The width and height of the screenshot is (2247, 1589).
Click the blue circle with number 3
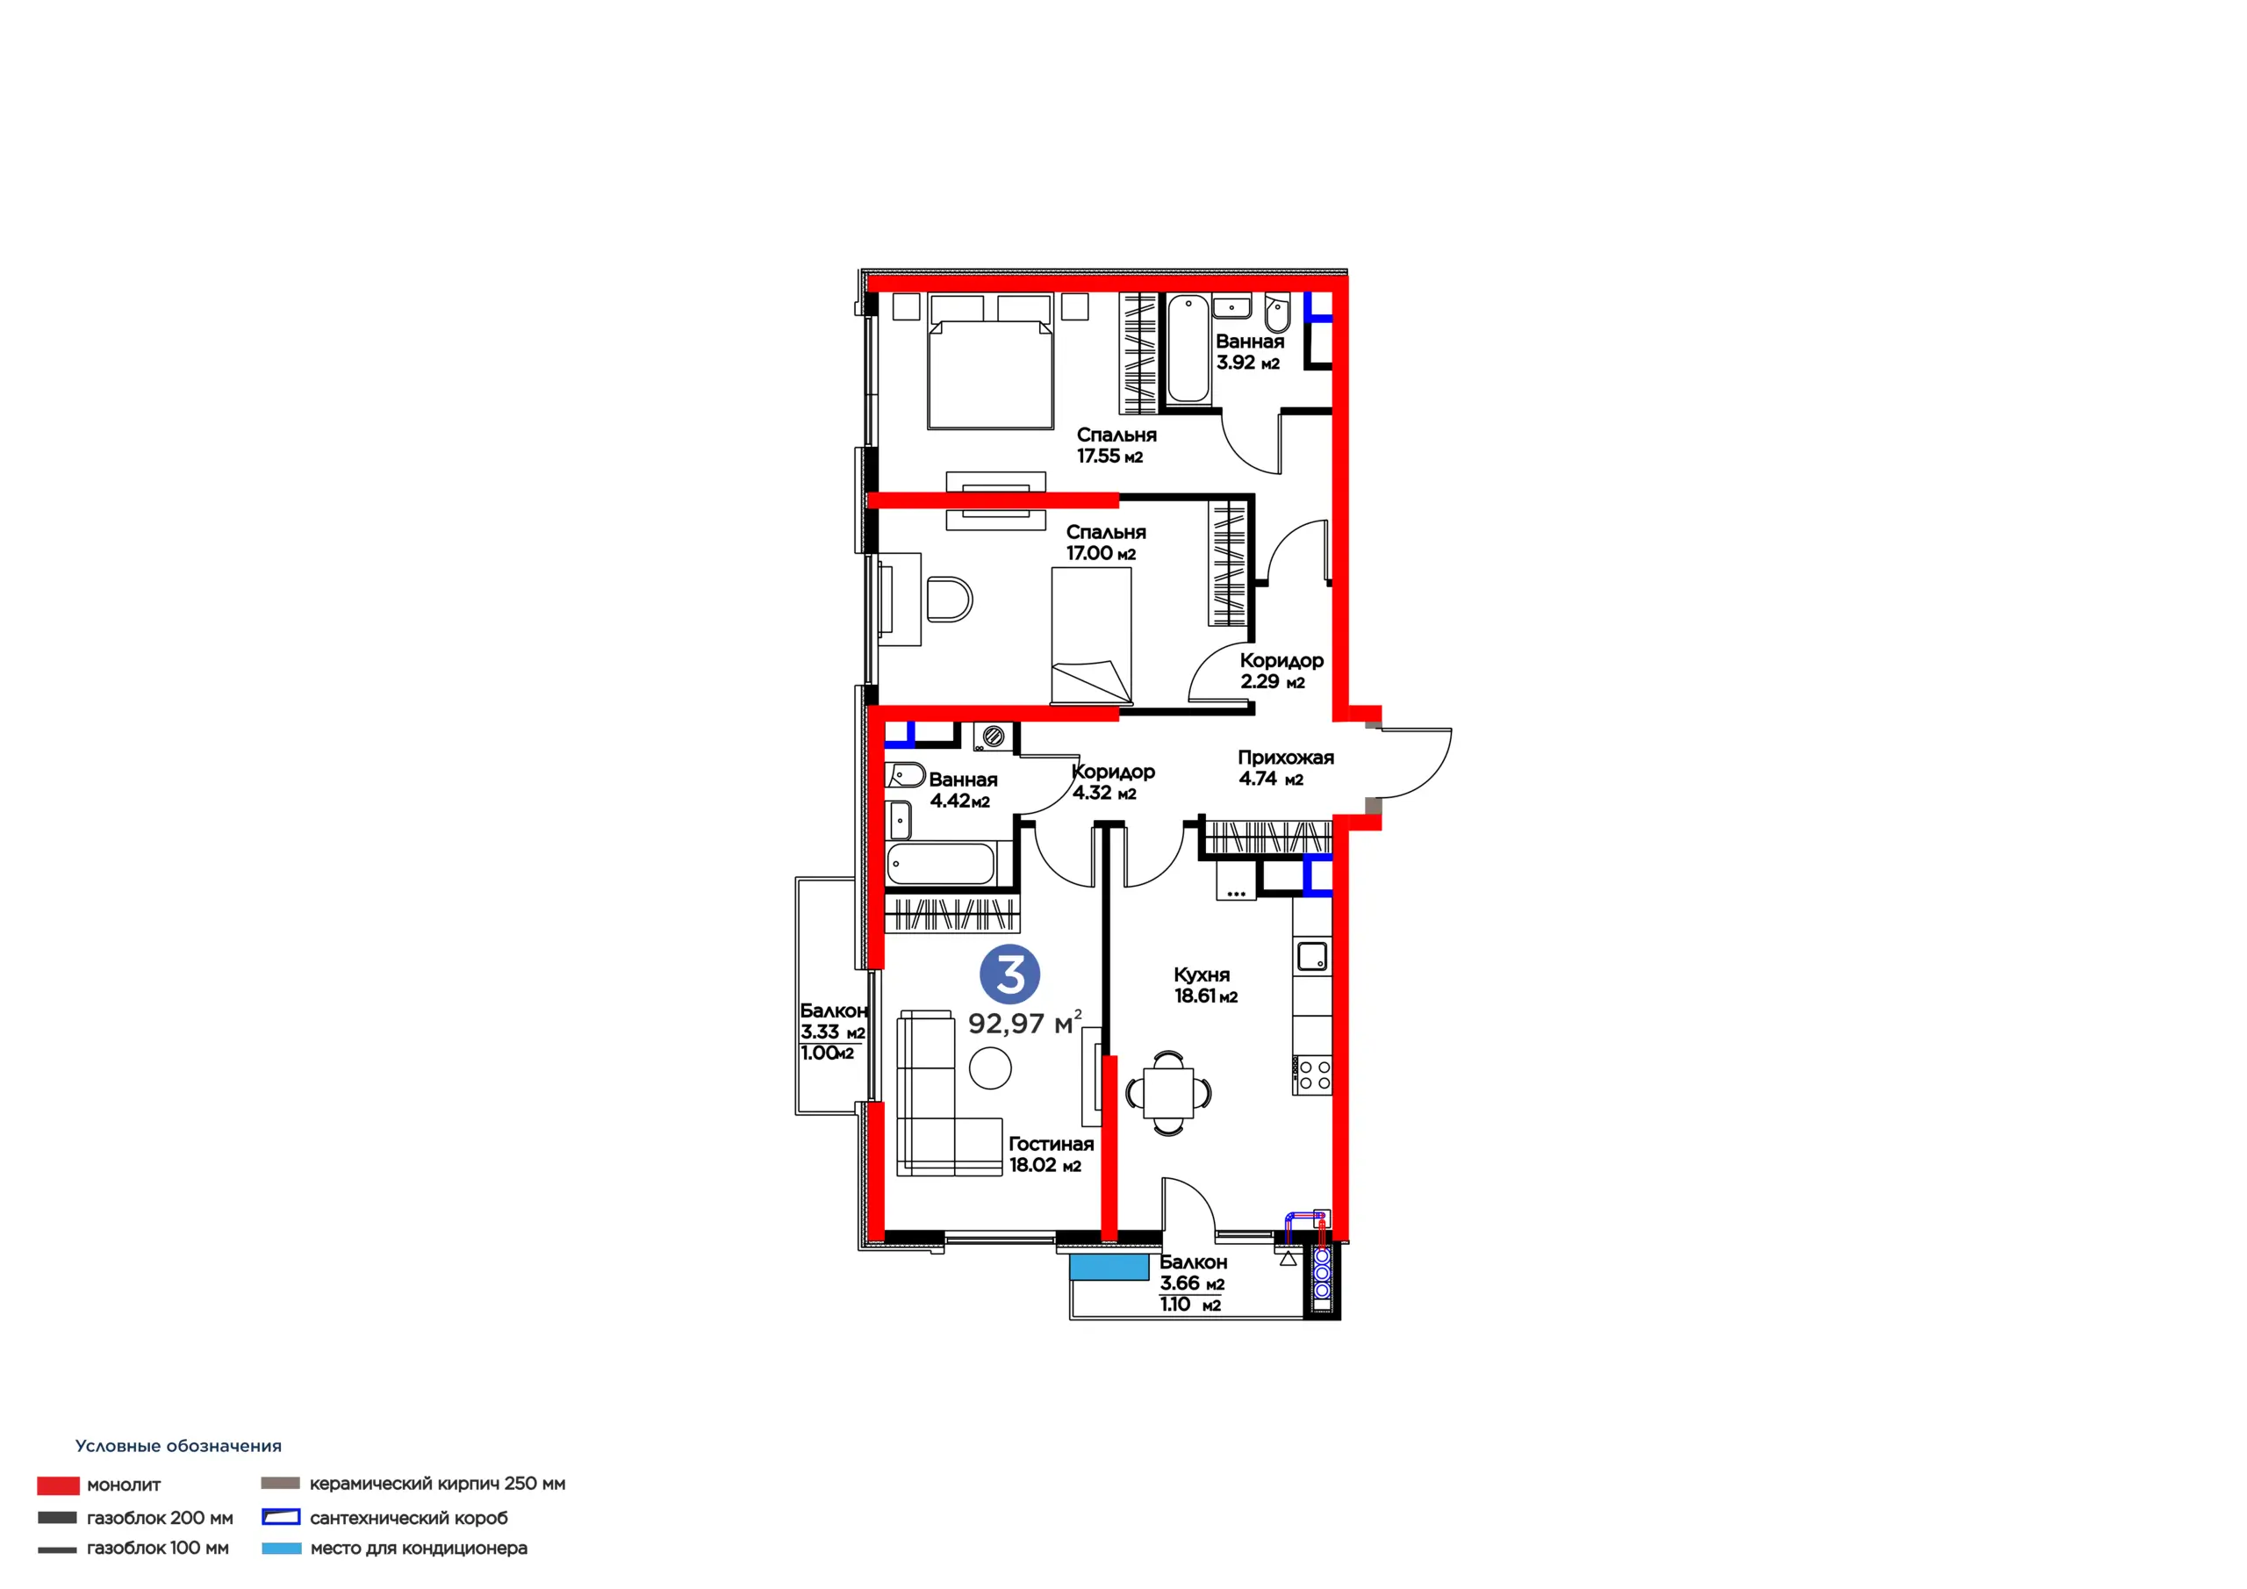1010,974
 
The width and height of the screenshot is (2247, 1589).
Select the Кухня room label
1202,975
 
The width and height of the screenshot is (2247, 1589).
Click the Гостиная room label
1051,1144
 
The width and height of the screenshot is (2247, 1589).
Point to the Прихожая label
1286,758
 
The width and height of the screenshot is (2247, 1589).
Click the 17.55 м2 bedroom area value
1109,457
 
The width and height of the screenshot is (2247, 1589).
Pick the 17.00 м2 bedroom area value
1101,553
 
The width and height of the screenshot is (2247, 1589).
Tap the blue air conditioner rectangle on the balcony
1109,1267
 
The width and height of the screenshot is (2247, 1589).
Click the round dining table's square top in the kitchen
1168,1091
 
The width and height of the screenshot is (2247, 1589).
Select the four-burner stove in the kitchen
1312,1075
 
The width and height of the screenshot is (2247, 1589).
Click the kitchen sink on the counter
1312,955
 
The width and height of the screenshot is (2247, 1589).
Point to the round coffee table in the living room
990,1068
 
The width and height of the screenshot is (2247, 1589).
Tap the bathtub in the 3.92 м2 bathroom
1188,349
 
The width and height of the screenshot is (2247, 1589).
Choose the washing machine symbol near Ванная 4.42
994,737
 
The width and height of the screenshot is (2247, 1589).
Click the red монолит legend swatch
59,1486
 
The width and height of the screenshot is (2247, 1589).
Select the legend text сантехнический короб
409,1519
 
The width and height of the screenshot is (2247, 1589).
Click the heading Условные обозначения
178,1446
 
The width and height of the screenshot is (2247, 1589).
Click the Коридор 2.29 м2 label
1281,671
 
